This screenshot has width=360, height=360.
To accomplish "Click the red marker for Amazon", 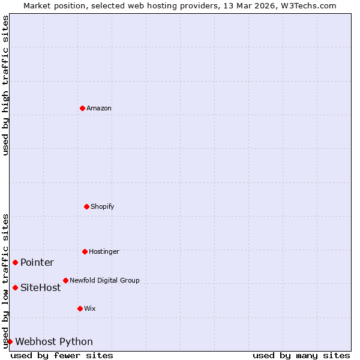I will [x=82, y=108].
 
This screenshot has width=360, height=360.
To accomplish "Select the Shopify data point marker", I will [x=86, y=206].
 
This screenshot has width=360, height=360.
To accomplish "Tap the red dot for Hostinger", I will [x=85, y=251].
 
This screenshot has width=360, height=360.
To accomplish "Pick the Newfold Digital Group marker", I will [x=65, y=280].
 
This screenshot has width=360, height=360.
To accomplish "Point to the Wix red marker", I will [x=80, y=308].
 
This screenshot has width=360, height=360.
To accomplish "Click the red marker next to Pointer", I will [x=15, y=262].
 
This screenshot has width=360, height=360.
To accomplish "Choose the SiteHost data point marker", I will [x=15, y=287].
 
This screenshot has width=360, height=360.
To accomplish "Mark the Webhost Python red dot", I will [x=10, y=341].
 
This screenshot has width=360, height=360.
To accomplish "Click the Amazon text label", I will [x=99, y=108].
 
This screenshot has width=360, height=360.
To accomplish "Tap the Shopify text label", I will [x=103, y=206].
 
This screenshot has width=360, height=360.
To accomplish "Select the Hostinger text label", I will [x=104, y=251].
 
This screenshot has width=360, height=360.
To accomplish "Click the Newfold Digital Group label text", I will [x=104, y=280].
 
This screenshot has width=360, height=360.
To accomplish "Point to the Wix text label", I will [x=90, y=308].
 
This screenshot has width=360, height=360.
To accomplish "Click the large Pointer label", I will [x=37, y=262].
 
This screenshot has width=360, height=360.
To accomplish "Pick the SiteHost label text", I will [x=40, y=287].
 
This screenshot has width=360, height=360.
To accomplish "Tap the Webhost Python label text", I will [x=54, y=341].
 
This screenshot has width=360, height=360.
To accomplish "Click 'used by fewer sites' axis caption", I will [x=62, y=355].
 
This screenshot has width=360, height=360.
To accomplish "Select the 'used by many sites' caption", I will [x=301, y=355].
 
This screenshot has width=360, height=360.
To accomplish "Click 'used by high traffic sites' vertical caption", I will [x=5, y=85].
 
